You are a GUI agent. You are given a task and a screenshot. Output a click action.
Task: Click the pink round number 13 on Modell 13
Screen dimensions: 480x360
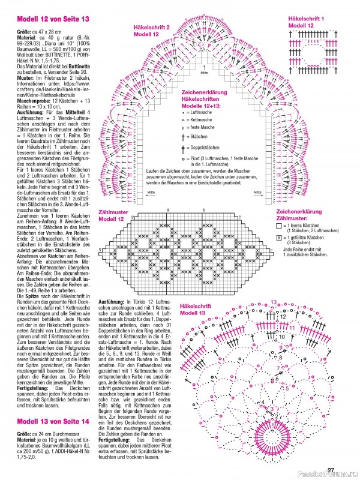[274, 302]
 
